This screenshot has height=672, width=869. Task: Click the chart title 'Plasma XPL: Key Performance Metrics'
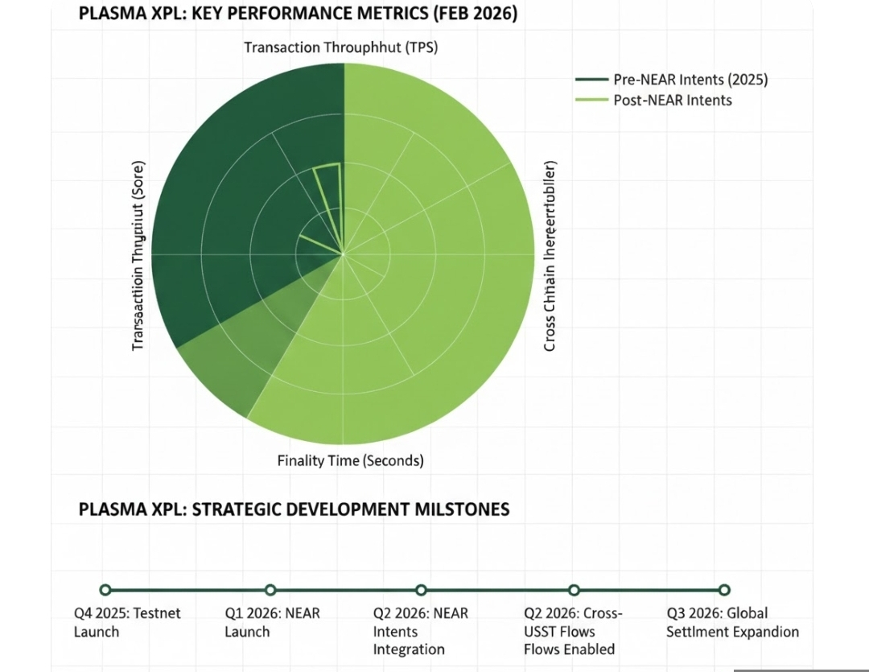(298, 16)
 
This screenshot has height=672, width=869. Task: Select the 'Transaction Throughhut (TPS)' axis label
(340, 47)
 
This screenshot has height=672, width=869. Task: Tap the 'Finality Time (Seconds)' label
(350, 461)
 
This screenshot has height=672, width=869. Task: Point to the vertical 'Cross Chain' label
(550, 256)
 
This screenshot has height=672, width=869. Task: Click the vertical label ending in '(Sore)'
(138, 256)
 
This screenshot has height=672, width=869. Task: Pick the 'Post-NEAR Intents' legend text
(673, 100)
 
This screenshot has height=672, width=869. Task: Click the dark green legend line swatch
(592, 80)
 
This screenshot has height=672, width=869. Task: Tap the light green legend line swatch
(592, 100)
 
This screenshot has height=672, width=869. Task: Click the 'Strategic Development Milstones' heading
(294, 509)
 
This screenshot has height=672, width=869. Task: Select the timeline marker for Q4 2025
(105, 590)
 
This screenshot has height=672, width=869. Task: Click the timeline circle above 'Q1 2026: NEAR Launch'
(270, 590)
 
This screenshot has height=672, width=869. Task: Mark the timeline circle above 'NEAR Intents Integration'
(422, 590)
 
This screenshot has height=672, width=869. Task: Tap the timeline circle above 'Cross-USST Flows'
(574, 590)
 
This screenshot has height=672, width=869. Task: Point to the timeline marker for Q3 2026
(724, 590)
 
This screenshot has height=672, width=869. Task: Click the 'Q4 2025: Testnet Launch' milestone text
(127, 622)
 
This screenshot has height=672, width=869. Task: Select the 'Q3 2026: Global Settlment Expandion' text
(732, 622)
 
